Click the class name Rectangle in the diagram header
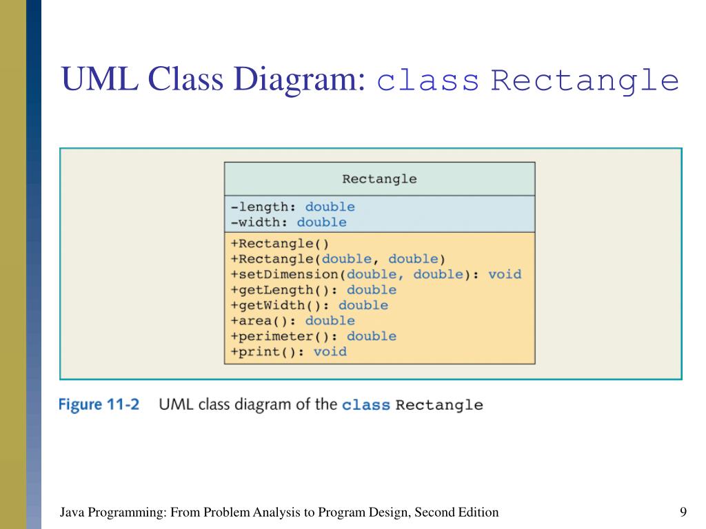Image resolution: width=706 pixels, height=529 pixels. (379, 179)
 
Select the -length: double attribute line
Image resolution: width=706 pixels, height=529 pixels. (293, 207)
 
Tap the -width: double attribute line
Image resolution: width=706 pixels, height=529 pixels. (289, 222)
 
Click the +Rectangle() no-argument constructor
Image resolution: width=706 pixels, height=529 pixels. (280, 243)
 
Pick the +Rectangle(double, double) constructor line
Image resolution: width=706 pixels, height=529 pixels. (339, 259)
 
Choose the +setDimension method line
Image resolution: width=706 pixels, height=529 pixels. (376, 274)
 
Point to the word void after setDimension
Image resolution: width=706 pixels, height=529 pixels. (505, 274)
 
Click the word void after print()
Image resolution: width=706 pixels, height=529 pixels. (330, 351)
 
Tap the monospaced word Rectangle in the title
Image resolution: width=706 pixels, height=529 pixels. (585, 81)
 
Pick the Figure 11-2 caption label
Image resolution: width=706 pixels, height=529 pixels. (99, 404)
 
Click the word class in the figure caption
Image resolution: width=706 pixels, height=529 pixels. (365, 404)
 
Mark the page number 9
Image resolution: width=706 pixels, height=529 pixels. (683, 512)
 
